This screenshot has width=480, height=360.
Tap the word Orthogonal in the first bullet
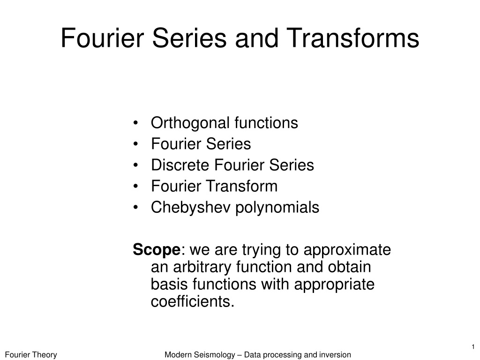click(x=190, y=123)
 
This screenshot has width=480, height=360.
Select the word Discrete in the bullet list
click(x=180, y=165)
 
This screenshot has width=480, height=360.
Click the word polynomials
click(x=277, y=208)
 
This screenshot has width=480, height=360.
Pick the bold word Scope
click(x=157, y=250)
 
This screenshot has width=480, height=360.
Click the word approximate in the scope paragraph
click(x=347, y=250)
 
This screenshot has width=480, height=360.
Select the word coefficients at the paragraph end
click(x=193, y=301)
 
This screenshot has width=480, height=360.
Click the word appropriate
click(x=334, y=285)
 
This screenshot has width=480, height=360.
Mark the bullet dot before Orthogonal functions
click(x=135, y=123)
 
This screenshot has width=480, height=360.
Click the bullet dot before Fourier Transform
click(x=135, y=187)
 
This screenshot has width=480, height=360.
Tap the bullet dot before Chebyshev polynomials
click(x=135, y=208)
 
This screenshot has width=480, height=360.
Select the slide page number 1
click(x=473, y=347)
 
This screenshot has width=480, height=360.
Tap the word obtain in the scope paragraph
click(x=350, y=267)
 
